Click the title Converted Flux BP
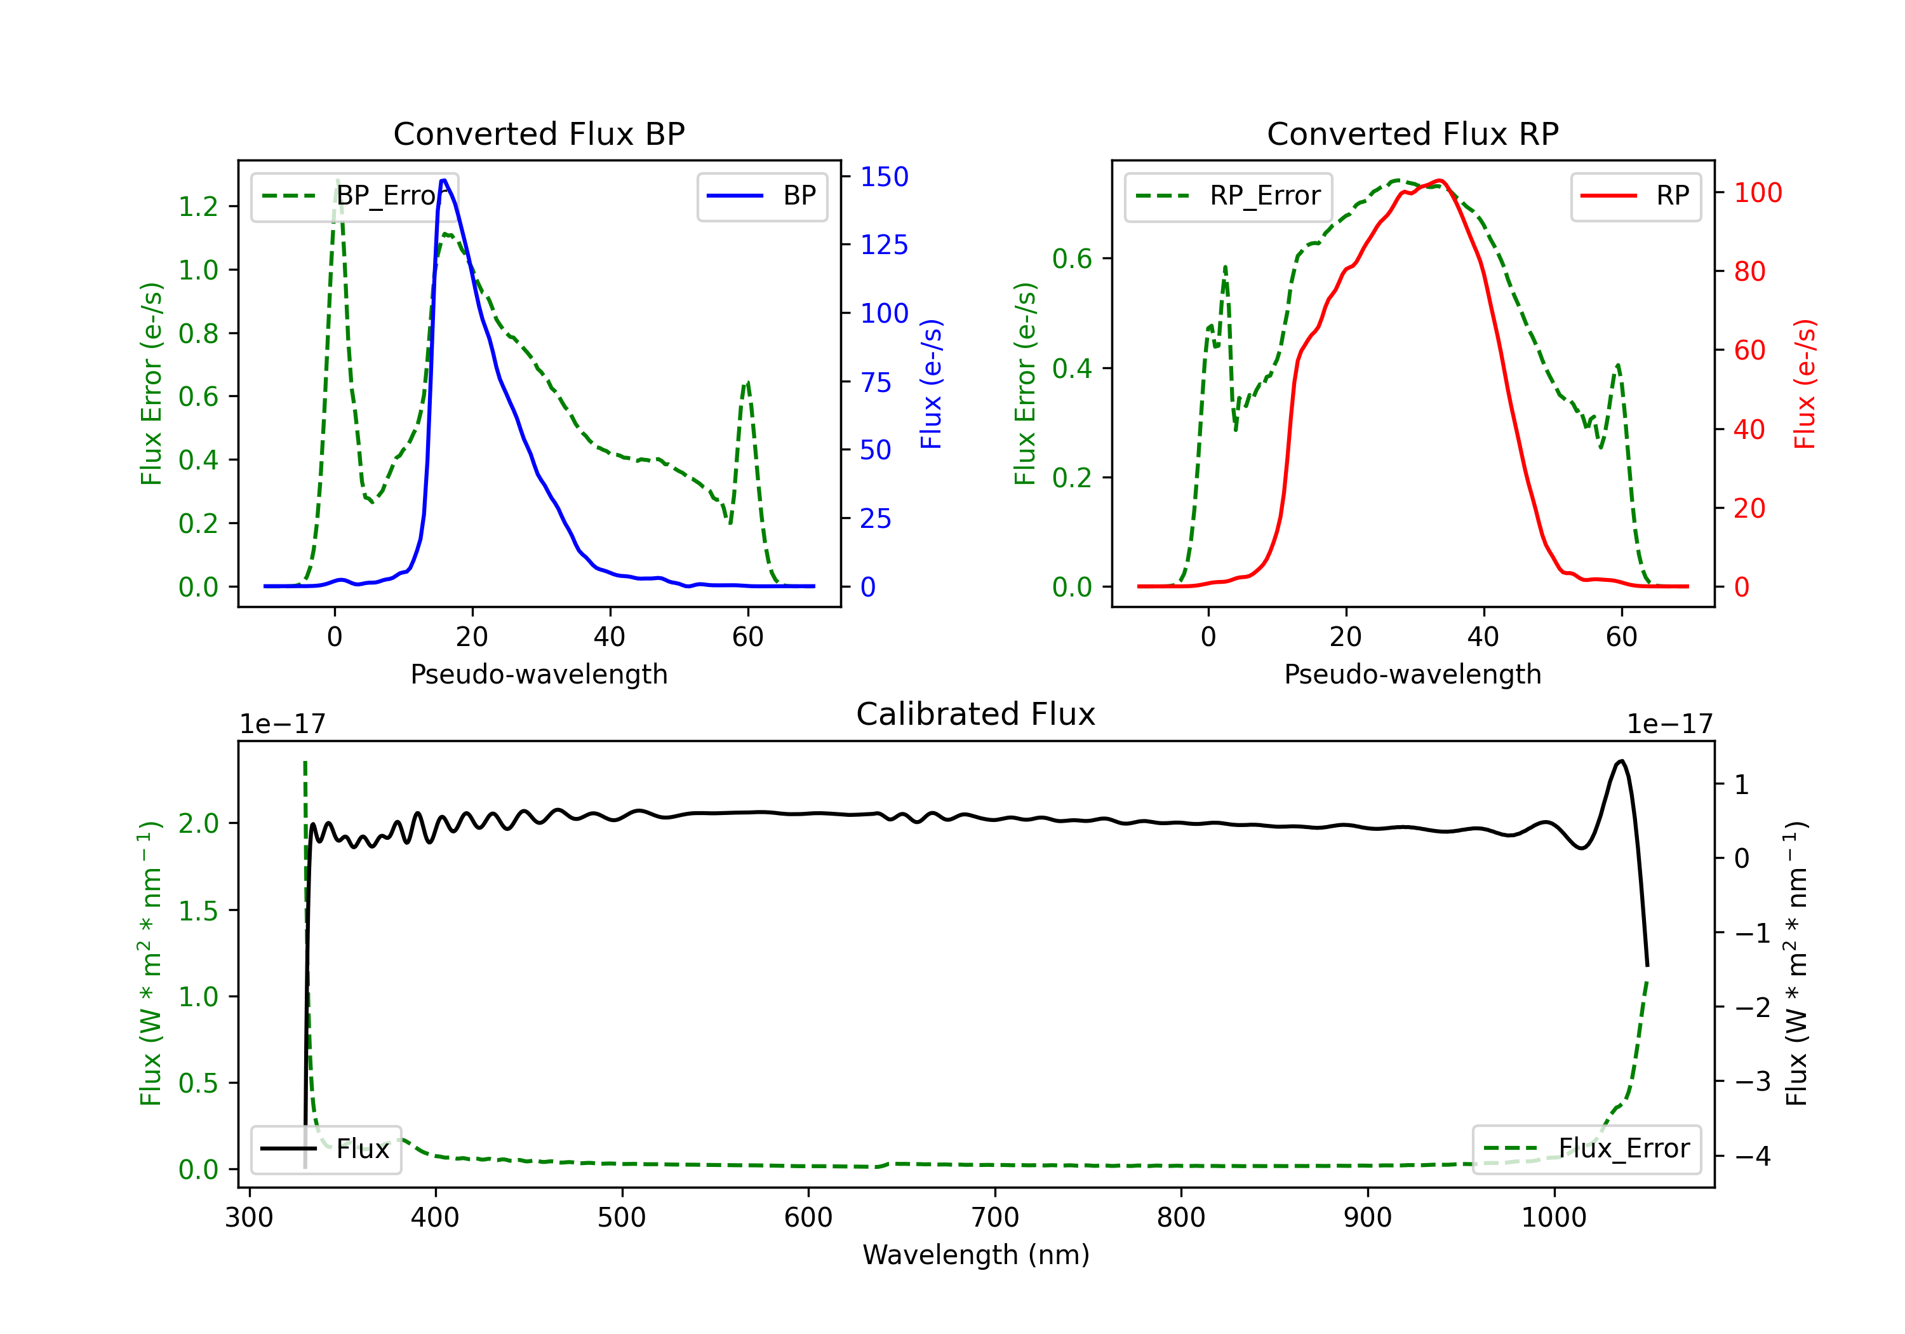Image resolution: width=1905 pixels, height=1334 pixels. [x=538, y=133]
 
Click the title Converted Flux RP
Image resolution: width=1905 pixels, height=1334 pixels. [x=1412, y=133]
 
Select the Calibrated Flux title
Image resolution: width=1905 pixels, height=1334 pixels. [x=976, y=714]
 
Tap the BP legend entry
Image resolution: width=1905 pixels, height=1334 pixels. [x=761, y=196]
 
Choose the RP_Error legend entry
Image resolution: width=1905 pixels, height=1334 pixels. [x=1228, y=196]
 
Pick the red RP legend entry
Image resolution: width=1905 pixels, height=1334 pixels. [x=1635, y=196]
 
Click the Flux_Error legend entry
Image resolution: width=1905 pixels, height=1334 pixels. [x=1586, y=1149]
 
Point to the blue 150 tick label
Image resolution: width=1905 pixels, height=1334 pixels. [x=884, y=177]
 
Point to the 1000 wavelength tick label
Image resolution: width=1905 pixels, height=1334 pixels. [x=1553, y=1218]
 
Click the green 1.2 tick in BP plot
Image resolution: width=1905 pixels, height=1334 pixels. [x=198, y=206]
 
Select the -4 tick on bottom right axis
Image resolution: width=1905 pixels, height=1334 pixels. [x=1753, y=1155]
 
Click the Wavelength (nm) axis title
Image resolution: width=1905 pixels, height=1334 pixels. [x=976, y=1255]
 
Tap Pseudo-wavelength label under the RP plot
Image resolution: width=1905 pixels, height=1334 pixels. [x=1412, y=675]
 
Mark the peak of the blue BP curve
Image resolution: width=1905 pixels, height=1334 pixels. [x=444, y=180]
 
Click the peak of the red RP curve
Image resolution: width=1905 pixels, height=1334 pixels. [x=1440, y=181]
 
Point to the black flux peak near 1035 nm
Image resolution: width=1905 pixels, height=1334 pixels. [x=1622, y=761]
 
